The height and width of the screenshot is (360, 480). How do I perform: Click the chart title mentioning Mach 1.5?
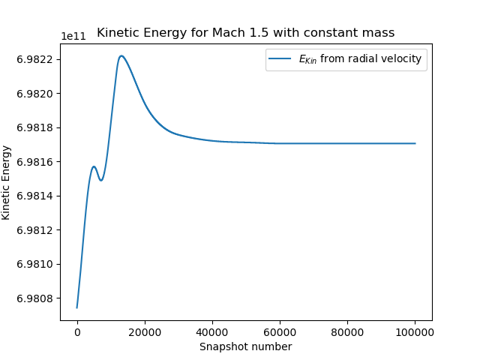245,33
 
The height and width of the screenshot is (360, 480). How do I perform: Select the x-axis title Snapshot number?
245,346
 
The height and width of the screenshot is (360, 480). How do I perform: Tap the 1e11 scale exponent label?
73,36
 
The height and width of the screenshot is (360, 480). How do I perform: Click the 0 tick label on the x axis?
77,331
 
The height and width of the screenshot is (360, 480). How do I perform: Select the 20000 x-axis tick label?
145,331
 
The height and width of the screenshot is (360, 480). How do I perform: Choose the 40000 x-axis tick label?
212,331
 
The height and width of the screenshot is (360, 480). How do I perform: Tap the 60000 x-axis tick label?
280,331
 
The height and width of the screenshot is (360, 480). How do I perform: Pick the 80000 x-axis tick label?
347,331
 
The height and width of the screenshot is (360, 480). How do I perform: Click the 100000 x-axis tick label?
415,331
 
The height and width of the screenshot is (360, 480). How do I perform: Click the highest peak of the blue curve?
121,55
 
